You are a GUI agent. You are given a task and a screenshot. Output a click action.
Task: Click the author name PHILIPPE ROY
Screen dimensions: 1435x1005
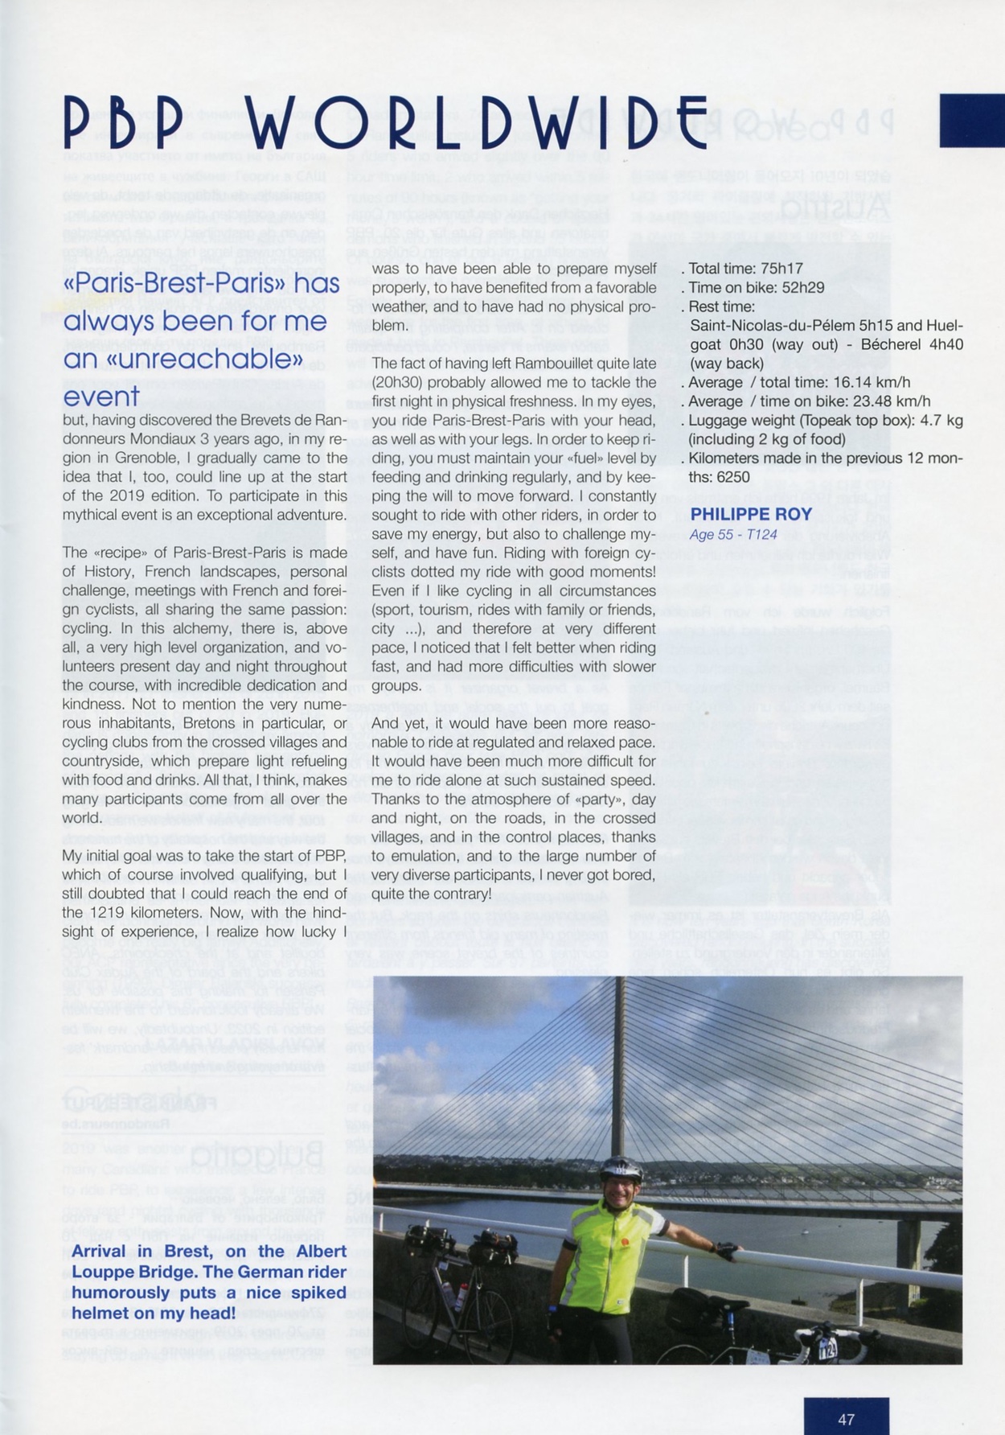tap(750, 514)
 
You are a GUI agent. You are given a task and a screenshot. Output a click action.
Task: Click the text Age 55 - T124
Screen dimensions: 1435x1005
tap(732, 534)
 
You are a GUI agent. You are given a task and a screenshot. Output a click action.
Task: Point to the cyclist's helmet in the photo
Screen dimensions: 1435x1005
tap(621, 1168)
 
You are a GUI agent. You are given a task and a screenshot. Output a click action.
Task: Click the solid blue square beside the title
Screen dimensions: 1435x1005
tap(971, 121)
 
